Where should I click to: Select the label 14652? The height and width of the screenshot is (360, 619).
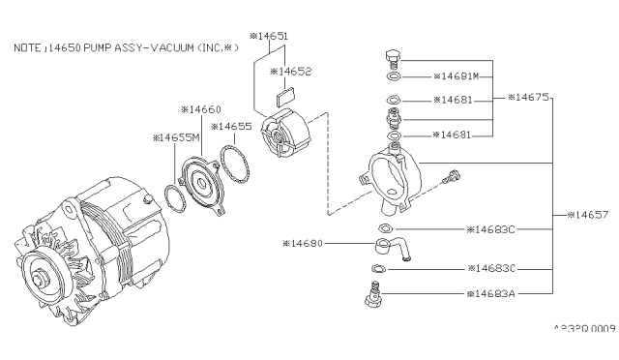tap(294, 72)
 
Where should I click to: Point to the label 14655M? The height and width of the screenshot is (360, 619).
tap(177, 137)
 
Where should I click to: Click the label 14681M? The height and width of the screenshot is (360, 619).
tap(463, 75)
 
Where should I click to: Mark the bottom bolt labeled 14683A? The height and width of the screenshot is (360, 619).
tap(371, 293)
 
